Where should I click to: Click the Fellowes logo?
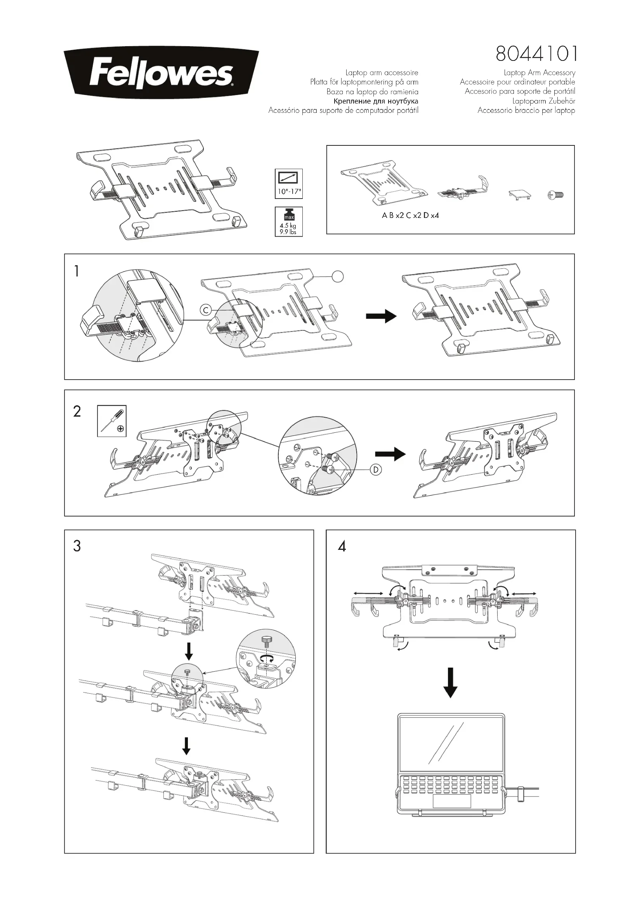tap(161, 73)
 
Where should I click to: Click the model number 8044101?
tap(536, 54)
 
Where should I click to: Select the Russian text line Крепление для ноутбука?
tap(376, 101)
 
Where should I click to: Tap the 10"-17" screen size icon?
tap(288, 184)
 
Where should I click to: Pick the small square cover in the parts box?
tap(519, 194)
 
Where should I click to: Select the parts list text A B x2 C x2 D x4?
tap(410, 216)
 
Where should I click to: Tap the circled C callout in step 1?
tap(206, 310)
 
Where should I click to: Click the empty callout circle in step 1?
tap(337, 277)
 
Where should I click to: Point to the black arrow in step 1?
tap(381, 316)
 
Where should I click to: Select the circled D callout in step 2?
tap(376, 470)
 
